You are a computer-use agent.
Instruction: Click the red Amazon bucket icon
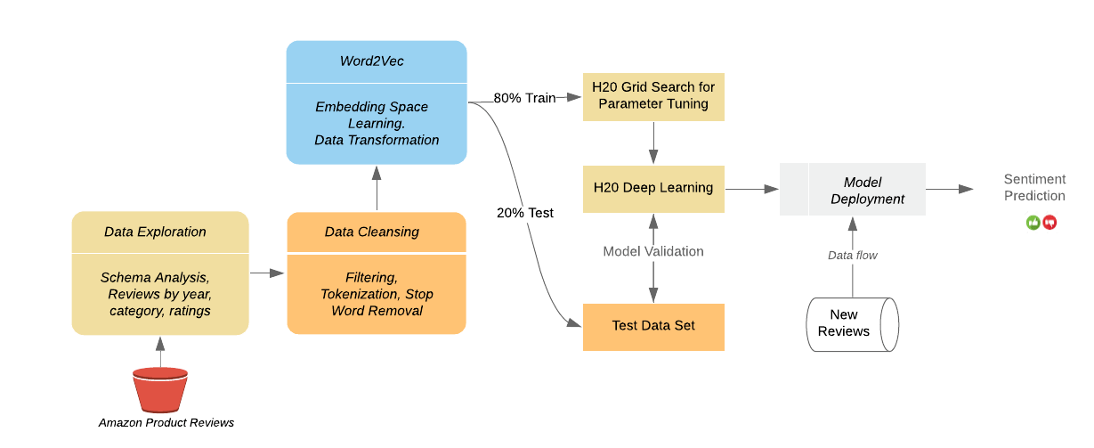coord(160,389)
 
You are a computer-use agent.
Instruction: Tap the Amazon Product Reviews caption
coord(166,422)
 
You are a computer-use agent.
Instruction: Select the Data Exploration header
coord(155,232)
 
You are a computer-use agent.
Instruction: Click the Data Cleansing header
coord(372,232)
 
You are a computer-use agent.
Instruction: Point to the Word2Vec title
coord(372,61)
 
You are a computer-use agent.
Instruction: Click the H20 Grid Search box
coord(653,97)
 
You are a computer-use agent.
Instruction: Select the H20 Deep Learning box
coord(653,189)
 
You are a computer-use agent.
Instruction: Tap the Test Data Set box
coord(653,327)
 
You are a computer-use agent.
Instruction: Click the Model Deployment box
coord(852,189)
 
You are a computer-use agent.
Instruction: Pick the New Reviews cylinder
coord(852,324)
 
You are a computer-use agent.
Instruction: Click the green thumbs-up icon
coord(1033,223)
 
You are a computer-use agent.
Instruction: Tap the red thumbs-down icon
coord(1049,223)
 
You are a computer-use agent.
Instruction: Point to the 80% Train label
coord(524,98)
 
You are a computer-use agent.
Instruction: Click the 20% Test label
coord(525,213)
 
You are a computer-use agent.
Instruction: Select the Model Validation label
coord(653,251)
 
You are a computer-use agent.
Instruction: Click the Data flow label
coord(852,255)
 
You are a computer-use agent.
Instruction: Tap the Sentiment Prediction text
coord(1034,187)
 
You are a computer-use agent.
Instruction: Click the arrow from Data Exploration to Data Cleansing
coord(267,273)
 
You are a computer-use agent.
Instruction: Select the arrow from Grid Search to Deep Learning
coord(653,143)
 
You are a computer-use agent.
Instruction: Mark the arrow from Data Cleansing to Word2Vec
coord(377,188)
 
